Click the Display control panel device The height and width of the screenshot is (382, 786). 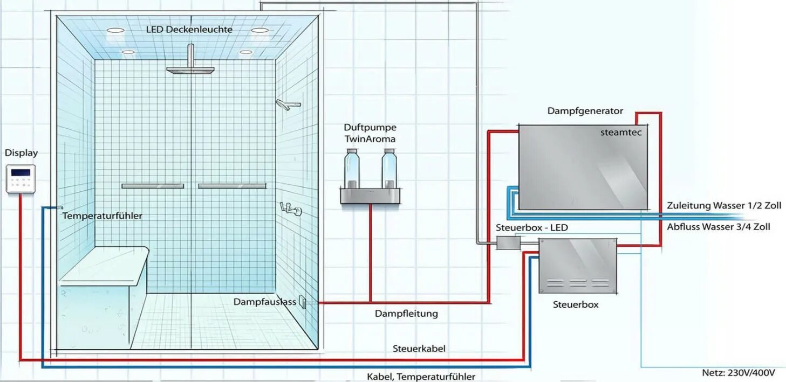coord(20,178)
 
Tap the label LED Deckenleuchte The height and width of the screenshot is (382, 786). coord(189,29)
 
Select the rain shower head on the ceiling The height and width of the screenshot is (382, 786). coord(190,70)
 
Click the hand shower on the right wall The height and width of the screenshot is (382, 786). coord(288,105)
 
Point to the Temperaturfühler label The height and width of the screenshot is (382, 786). coord(102,216)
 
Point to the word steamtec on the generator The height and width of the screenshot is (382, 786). coord(620,133)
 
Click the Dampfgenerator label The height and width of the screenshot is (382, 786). coord(585,111)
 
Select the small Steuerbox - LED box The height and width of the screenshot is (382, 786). coord(508,244)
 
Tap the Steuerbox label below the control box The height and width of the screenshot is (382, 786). coord(576,304)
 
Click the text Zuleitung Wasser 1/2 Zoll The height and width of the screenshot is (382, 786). coord(723,206)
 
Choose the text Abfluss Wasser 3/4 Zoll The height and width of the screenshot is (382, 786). coord(718,227)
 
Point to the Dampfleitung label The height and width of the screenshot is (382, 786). coord(406,314)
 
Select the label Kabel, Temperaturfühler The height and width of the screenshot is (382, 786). coord(421,377)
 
